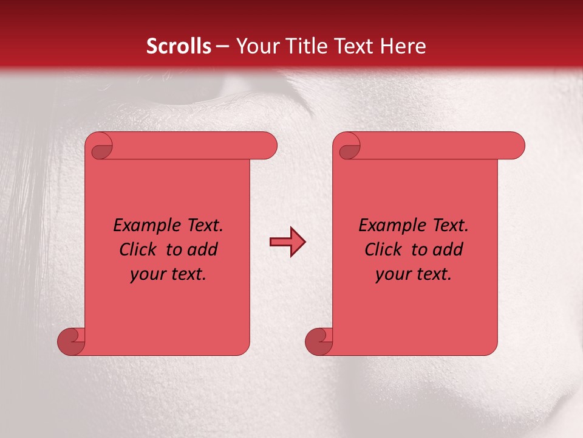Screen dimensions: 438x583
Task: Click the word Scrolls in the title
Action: (x=179, y=46)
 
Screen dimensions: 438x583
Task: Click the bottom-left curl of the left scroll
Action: (x=71, y=341)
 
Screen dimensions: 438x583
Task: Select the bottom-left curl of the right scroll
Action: (x=319, y=341)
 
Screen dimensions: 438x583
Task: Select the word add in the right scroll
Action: (x=448, y=249)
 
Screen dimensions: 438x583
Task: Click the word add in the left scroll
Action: (x=202, y=249)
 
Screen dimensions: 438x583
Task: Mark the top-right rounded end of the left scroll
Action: (x=267, y=145)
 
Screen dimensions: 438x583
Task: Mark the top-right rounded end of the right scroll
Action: (x=514, y=145)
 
